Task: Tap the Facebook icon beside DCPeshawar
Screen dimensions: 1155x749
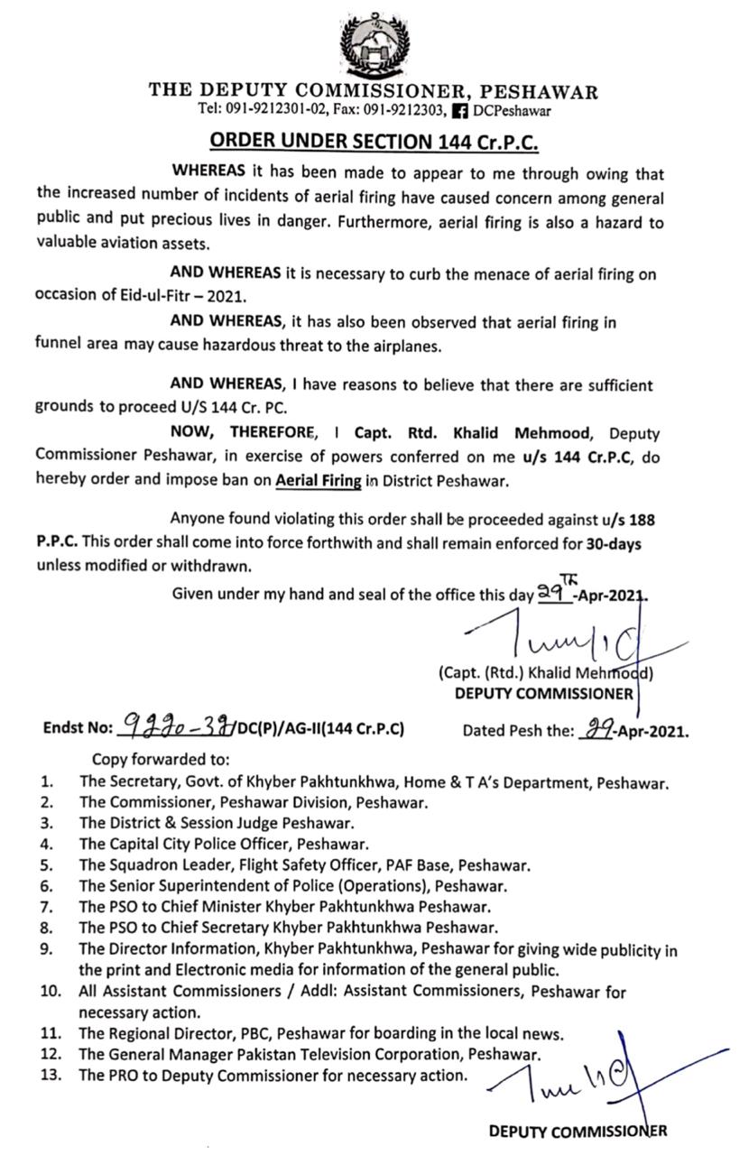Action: pyautogui.click(x=459, y=111)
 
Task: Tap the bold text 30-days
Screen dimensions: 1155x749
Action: pyautogui.click(x=612, y=544)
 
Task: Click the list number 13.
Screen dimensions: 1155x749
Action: pyautogui.click(x=49, y=1075)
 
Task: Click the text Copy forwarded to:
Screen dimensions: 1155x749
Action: pyautogui.click(x=161, y=759)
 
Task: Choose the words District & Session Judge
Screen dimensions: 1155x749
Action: pyautogui.click(x=192, y=823)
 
